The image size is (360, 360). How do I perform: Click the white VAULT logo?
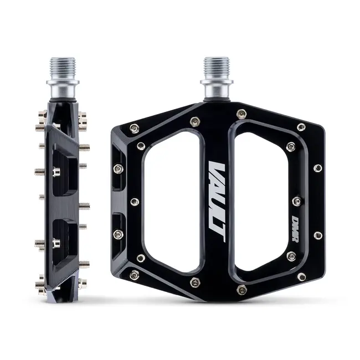tap(217, 201)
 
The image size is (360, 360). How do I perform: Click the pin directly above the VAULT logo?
tap(194, 121)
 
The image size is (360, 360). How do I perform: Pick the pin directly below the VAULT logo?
tap(195, 282)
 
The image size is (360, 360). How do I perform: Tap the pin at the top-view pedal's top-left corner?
tap(134, 129)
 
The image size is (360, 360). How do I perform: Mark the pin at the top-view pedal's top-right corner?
tap(301, 127)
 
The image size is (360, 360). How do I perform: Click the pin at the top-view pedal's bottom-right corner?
tap(301, 276)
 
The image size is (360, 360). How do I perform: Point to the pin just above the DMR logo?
tap(297, 200)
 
